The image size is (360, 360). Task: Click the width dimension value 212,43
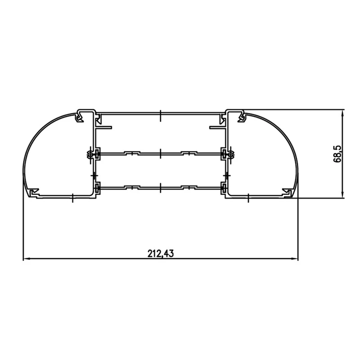[x=160, y=253]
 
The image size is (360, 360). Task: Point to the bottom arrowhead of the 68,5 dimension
[x=343, y=194]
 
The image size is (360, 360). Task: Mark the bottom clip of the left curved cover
[x=34, y=193]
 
